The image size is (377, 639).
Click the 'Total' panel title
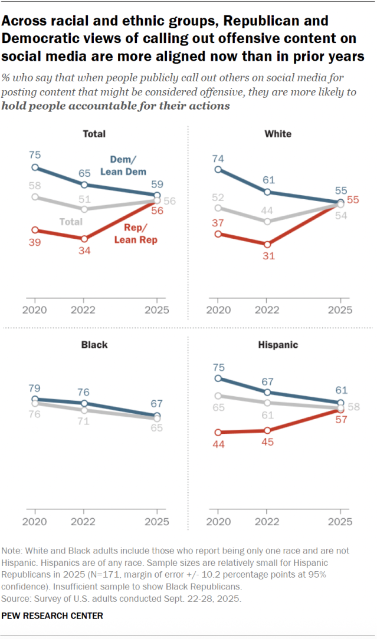pyautogui.click(x=94, y=134)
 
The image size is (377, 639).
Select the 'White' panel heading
pyautogui.click(x=278, y=134)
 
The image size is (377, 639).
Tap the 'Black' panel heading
pyautogui.click(x=94, y=344)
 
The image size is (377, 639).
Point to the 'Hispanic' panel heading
pyautogui.click(x=278, y=344)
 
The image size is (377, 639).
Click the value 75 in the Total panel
pyautogui.click(x=35, y=155)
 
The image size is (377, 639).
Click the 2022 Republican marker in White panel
pyautogui.click(x=267, y=244)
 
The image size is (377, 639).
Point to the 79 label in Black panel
pyautogui.click(x=35, y=388)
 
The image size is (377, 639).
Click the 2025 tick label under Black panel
pyautogui.click(x=156, y=522)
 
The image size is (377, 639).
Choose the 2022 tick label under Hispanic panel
pyautogui.click(x=267, y=522)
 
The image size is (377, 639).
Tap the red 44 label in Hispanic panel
pyautogui.click(x=219, y=446)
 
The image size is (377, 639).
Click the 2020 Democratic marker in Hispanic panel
pyautogui.click(x=219, y=378)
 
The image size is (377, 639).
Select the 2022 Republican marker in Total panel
pyautogui.click(x=84, y=239)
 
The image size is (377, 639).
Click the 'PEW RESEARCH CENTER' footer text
pyautogui.click(x=53, y=616)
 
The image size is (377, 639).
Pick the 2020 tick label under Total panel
pyautogui.click(x=35, y=310)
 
